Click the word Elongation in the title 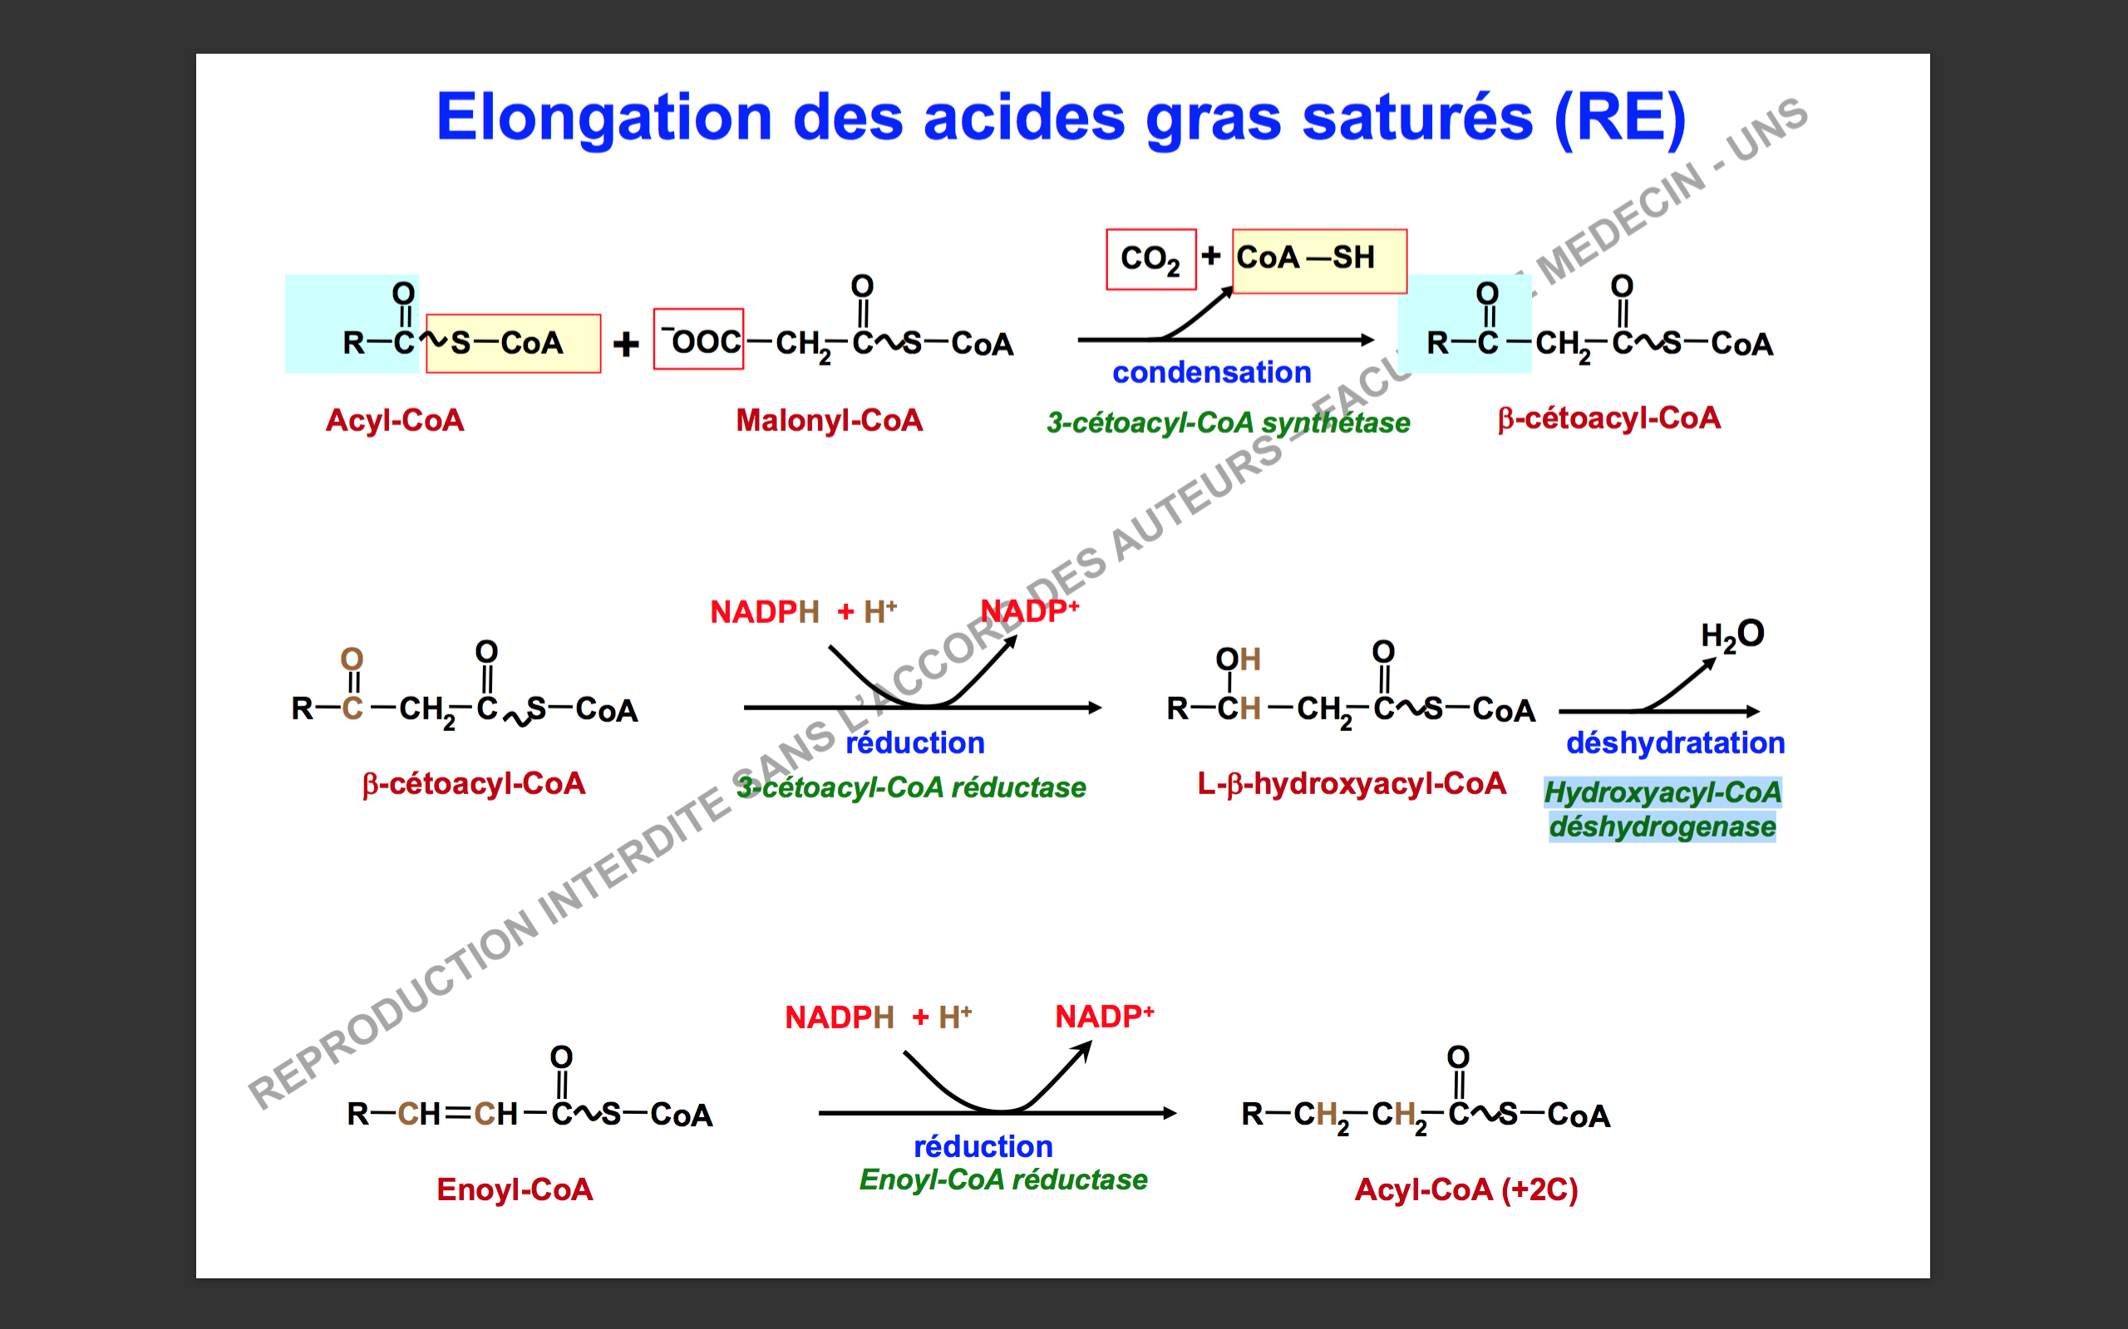(x=604, y=119)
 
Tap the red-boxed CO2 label (x=1151, y=259)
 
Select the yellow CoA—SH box (x=1319, y=261)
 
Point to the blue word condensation (x=1212, y=373)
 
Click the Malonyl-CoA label (x=830, y=420)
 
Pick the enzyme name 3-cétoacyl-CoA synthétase (x=1228, y=423)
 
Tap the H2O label (x=1732, y=635)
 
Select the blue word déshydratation (x=1675, y=743)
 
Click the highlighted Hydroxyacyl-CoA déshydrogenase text (x=1662, y=810)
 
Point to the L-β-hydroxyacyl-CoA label (x=1352, y=783)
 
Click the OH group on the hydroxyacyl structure (x=1238, y=660)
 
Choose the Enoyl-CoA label (x=515, y=1189)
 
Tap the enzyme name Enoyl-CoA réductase (x=1003, y=1179)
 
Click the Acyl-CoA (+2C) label (x=1465, y=1189)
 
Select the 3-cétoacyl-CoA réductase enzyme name (x=911, y=787)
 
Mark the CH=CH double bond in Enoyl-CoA (x=458, y=1115)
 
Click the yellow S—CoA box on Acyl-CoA (x=514, y=344)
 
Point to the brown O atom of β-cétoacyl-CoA (x=352, y=660)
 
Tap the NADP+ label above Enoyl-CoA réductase (x=1105, y=1017)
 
